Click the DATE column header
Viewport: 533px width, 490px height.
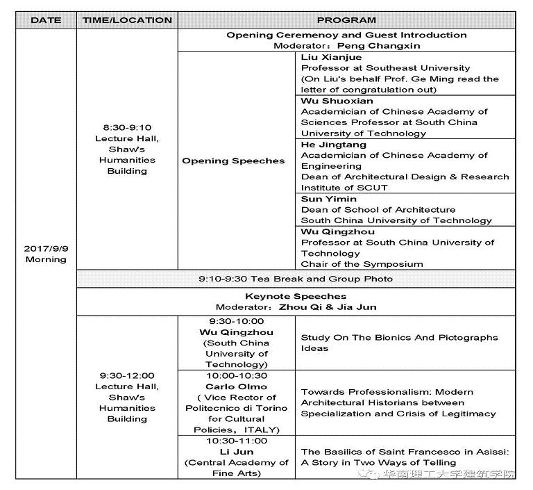pos(46,20)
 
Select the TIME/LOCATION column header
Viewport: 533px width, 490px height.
pos(127,20)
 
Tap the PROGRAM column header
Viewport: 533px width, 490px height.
pos(346,20)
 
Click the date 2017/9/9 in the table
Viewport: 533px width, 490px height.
pos(46,248)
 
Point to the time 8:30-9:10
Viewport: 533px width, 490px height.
pos(127,127)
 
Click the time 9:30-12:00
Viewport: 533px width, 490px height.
pos(127,375)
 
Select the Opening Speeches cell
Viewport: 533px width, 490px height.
pos(233,161)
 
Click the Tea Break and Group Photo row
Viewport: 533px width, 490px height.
pos(295,279)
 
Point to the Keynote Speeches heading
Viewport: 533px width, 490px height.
pos(295,296)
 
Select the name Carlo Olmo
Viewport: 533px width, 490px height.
pos(236,386)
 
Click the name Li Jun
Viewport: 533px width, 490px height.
pos(236,452)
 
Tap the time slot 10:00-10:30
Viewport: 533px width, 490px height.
pos(236,375)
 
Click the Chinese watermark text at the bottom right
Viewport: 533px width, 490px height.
pos(457,475)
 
